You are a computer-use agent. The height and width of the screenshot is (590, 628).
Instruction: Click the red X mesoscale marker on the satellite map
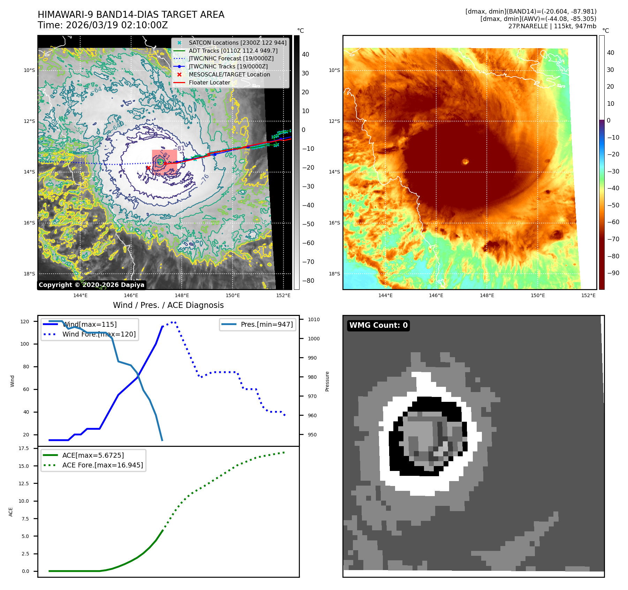pyautogui.click(x=149, y=168)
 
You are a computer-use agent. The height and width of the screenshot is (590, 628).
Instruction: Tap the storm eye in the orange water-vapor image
pyautogui.click(x=466, y=161)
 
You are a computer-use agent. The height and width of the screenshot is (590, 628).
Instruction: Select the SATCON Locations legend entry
pyautogui.click(x=237, y=43)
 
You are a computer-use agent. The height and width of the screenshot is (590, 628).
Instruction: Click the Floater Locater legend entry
pyautogui.click(x=209, y=82)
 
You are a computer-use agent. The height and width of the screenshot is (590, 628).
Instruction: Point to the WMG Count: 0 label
pyautogui.click(x=378, y=325)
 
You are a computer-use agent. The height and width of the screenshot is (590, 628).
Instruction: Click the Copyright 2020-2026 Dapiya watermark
pyautogui.click(x=91, y=285)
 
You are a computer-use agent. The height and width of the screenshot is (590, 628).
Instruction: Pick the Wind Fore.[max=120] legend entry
pyautogui.click(x=99, y=334)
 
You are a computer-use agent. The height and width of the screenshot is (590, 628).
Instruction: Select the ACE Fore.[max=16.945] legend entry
pyautogui.click(x=103, y=465)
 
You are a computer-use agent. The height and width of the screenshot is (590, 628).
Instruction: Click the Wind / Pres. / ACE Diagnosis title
pyautogui.click(x=168, y=305)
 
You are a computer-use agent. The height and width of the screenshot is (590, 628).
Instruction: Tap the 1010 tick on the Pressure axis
pyautogui.click(x=313, y=319)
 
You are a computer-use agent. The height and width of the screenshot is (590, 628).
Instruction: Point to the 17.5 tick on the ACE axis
pyautogui.click(x=24, y=448)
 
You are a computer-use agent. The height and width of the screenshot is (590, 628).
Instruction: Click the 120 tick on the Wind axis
pyautogui.click(x=25, y=322)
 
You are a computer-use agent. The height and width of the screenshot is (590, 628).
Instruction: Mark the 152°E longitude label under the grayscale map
pyautogui.click(x=283, y=295)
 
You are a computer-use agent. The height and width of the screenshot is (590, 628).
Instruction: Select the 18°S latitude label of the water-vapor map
pyautogui.click(x=334, y=274)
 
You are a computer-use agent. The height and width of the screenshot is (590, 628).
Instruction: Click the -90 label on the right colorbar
pyautogui.click(x=613, y=273)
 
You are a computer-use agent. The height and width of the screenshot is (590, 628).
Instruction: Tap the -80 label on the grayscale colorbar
pyautogui.click(x=308, y=281)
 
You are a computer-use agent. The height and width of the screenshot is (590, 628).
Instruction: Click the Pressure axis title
pyautogui.click(x=327, y=381)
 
